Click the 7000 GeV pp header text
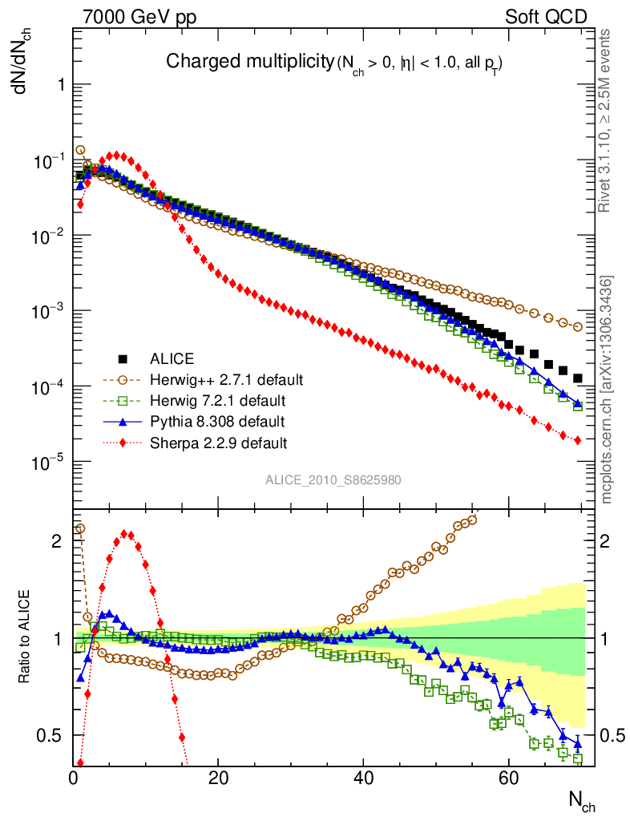click(x=139, y=17)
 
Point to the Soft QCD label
click(x=546, y=17)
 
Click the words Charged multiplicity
click(x=248, y=61)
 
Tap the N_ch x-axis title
click(x=581, y=800)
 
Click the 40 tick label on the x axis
click(x=363, y=777)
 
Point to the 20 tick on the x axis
click(x=219, y=777)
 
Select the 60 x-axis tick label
click(x=507, y=777)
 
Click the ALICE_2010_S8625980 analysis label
click(x=333, y=479)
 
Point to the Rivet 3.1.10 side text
click(x=607, y=120)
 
